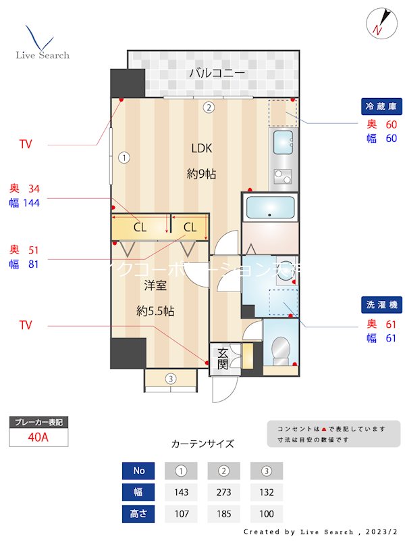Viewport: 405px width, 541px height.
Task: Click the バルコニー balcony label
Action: pos(216,72)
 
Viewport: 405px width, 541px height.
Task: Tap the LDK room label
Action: pos(201,149)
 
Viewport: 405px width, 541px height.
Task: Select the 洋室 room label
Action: pos(155,285)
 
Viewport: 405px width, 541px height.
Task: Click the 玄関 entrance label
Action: pos(223,359)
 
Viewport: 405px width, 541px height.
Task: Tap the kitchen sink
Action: pos(283,143)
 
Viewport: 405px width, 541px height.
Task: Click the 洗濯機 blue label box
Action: pos(383,305)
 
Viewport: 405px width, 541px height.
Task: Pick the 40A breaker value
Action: pos(38,437)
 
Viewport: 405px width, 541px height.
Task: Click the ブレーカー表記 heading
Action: pos(38,423)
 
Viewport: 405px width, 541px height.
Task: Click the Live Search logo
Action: pos(42,43)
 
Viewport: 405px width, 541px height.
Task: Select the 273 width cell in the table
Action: pos(224,492)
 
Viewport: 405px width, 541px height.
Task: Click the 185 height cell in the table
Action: pos(224,513)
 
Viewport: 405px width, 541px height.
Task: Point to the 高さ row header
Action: pos(138,513)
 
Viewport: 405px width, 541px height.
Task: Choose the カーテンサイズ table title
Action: pos(202,444)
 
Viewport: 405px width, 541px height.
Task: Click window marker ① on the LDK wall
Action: pos(124,158)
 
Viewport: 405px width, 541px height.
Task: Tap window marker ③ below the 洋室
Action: pos(171,379)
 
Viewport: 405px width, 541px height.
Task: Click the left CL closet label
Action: pos(139,227)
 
